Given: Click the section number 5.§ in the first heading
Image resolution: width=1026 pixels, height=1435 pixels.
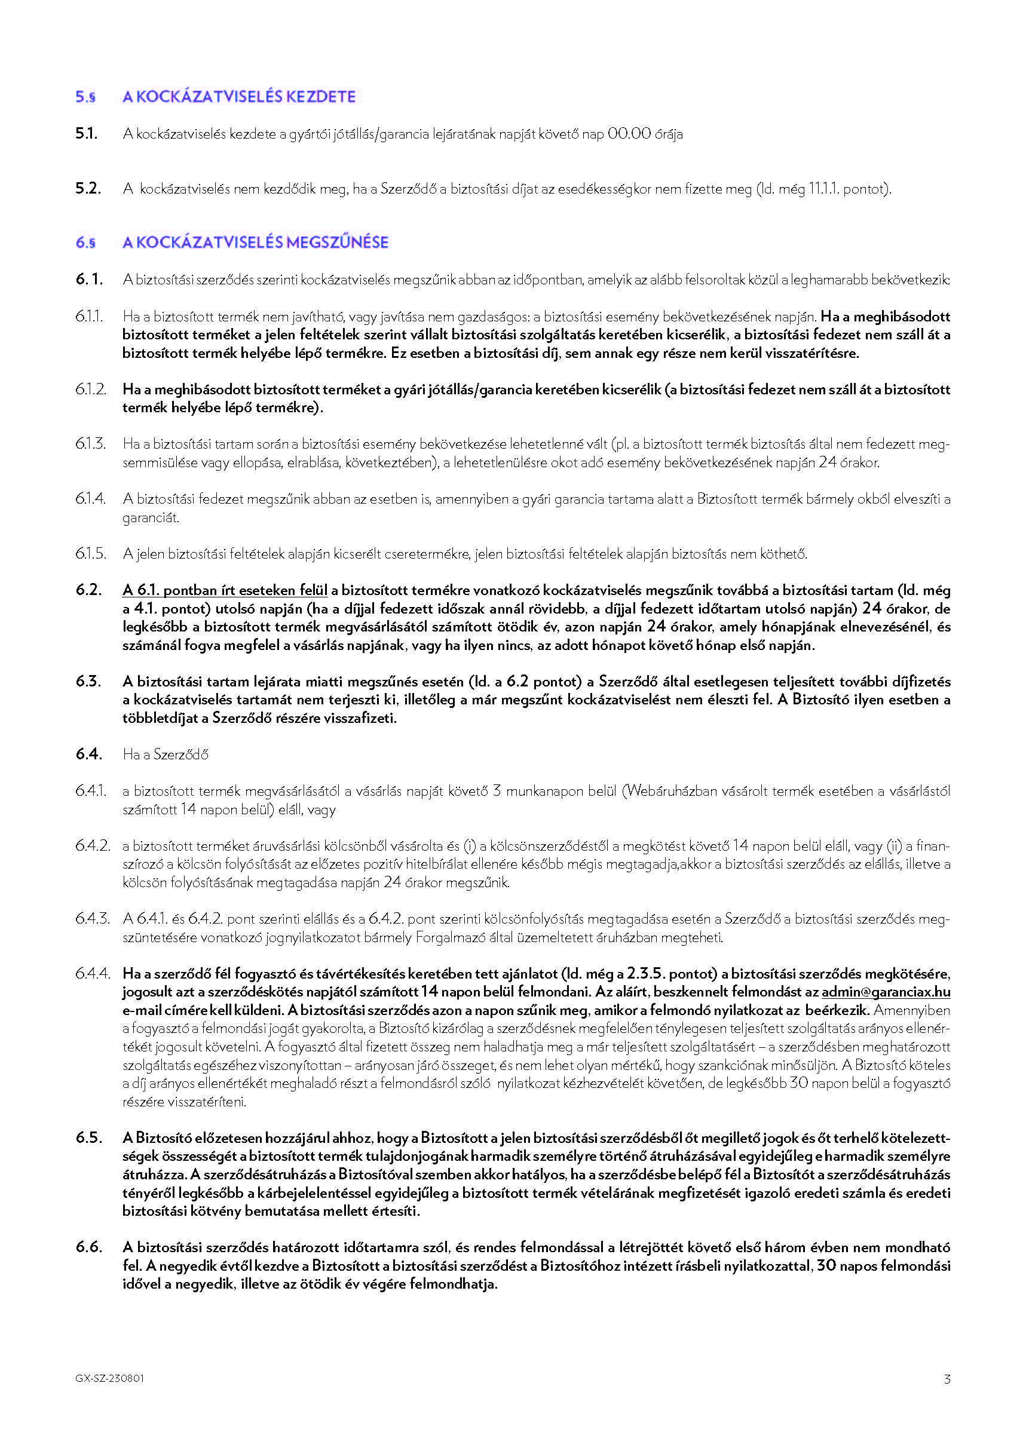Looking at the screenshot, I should [x=85, y=97].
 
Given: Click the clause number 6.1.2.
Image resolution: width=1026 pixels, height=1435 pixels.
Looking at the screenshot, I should [x=90, y=390].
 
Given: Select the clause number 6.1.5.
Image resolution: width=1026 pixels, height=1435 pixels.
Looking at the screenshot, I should [x=90, y=554].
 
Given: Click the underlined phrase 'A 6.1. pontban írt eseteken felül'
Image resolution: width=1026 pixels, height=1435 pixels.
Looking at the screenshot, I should [x=225, y=590].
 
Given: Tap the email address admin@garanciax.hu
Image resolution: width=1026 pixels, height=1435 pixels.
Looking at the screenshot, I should [x=886, y=992].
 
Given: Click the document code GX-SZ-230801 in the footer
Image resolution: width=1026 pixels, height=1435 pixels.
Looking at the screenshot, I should [x=109, y=1378].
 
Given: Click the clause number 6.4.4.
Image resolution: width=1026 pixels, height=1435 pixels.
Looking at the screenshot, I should [x=92, y=974].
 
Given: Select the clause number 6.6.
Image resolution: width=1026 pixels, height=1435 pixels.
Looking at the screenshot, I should [x=88, y=1247].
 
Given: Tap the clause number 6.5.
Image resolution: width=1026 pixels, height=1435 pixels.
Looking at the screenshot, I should [x=88, y=1137].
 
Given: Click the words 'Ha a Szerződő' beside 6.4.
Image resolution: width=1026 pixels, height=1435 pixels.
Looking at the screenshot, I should [x=166, y=755].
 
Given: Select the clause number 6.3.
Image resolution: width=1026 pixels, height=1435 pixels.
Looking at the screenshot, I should [x=88, y=682].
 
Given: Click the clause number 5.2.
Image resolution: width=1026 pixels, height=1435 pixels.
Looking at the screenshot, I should [x=88, y=189].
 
